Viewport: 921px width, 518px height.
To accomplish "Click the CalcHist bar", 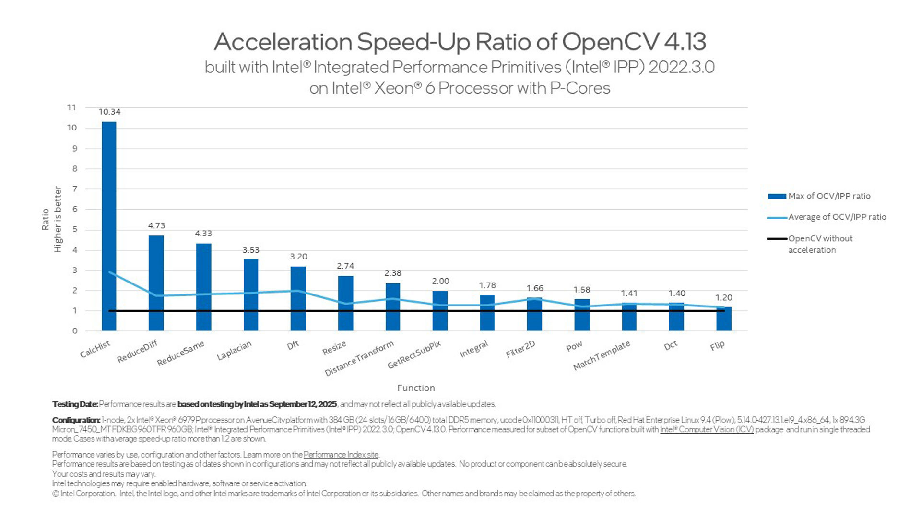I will tap(109, 225).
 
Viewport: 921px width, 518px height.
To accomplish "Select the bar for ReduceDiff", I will tap(156, 283).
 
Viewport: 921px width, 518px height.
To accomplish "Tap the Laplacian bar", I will tap(251, 295).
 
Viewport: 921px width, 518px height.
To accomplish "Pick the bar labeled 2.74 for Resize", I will tap(345, 303).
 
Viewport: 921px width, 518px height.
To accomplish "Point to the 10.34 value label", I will tap(109, 112).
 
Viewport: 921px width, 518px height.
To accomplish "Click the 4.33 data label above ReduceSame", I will tap(203, 234).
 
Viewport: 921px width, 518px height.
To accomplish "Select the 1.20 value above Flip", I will tap(724, 298).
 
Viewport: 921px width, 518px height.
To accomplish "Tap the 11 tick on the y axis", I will tap(71, 107).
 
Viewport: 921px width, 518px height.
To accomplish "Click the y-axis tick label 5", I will tap(74, 230).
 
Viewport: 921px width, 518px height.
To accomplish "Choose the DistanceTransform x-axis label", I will tap(359, 358).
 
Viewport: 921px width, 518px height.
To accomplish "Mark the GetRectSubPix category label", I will tap(414, 355).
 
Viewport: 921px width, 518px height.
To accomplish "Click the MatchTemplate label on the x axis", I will tap(602, 356).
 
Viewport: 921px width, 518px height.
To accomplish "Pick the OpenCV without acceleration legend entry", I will tap(820, 244).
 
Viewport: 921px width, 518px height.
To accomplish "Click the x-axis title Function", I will tap(416, 388).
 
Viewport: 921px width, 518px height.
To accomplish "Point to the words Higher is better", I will tap(58, 219).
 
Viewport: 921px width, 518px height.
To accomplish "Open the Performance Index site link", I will tap(341, 455).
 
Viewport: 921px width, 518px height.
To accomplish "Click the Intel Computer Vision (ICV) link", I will tap(707, 430).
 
